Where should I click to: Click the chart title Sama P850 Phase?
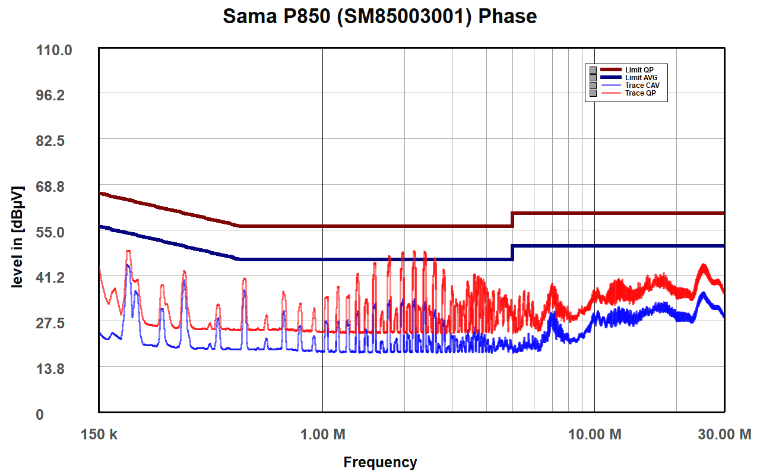[x=380, y=17]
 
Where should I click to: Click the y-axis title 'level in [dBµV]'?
[x=18, y=237]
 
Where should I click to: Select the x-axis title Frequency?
[x=380, y=462]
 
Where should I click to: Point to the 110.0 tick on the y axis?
[x=55, y=50]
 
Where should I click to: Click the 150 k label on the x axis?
[x=99, y=435]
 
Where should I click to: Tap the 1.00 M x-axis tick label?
[x=322, y=435]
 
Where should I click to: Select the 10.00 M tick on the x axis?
[x=594, y=435]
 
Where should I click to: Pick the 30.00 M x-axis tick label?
[x=723, y=435]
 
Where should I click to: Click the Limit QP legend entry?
[x=639, y=70]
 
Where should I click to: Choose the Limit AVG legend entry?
[x=641, y=78]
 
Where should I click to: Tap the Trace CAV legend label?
[x=642, y=85]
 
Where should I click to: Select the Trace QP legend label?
[x=640, y=93]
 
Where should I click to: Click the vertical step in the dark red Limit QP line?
[x=512, y=219]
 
